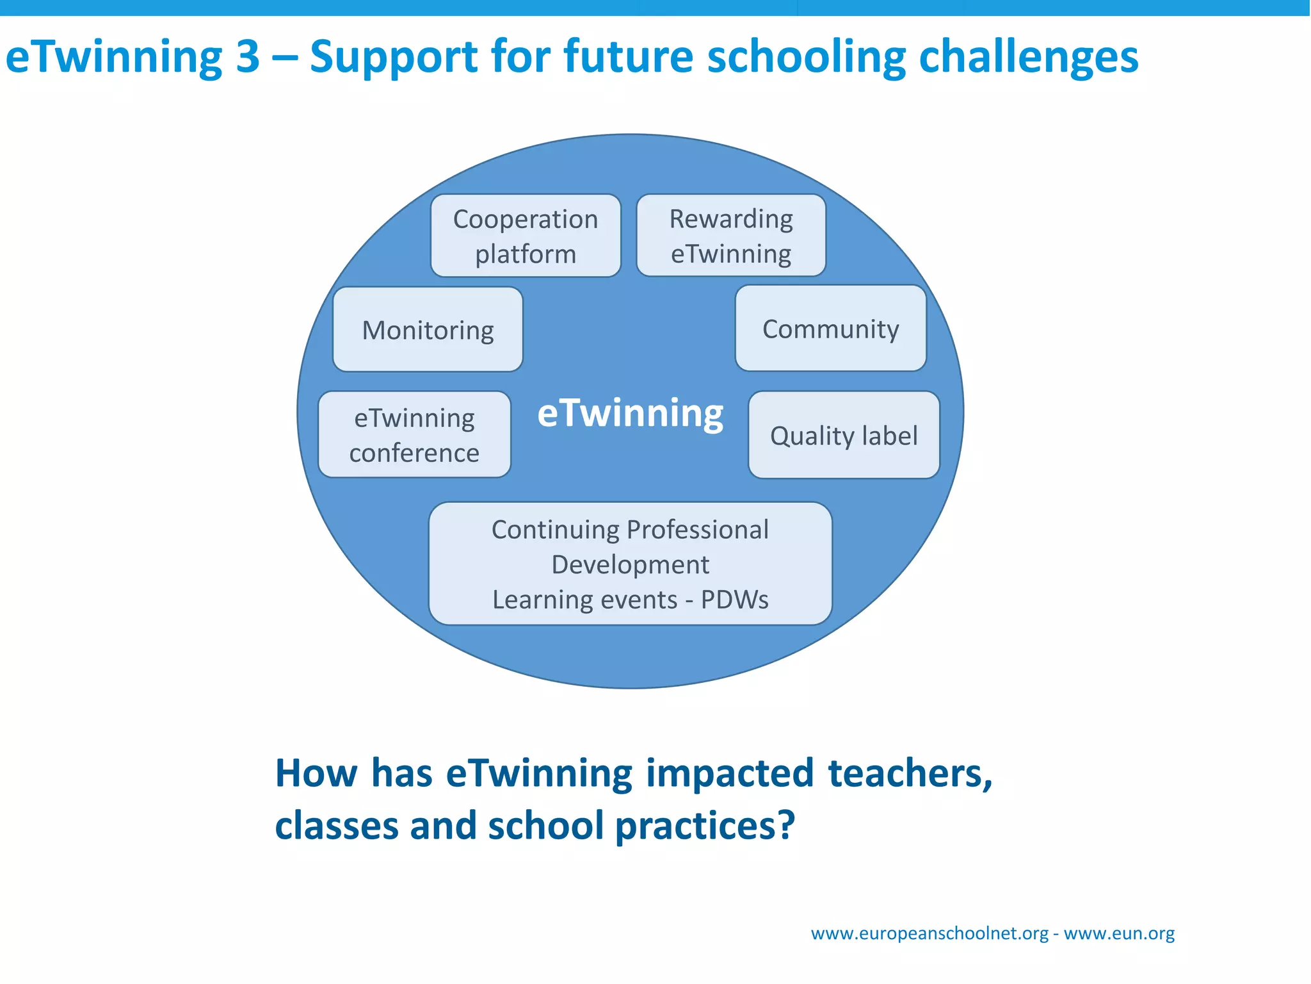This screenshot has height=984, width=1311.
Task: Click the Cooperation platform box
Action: click(526, 236)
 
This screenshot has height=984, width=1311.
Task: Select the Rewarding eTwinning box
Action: click(731, 236)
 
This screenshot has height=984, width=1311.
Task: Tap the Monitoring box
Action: click(428, 330)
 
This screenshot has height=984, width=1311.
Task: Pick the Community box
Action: click(830, 329)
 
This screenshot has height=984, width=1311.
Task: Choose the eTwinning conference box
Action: click(414, 435)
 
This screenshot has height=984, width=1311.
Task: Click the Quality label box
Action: click(844, 436)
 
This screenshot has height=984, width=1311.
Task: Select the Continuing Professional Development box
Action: click(630, 564)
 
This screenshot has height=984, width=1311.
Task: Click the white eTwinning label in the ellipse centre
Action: click(630, 413)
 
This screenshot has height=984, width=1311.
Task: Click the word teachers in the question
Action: click(910, 773)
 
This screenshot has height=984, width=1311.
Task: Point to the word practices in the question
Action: click(704, 826)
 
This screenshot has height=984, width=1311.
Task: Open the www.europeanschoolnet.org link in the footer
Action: click(929, 933)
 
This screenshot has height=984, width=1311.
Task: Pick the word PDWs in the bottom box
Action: click(734, 600)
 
